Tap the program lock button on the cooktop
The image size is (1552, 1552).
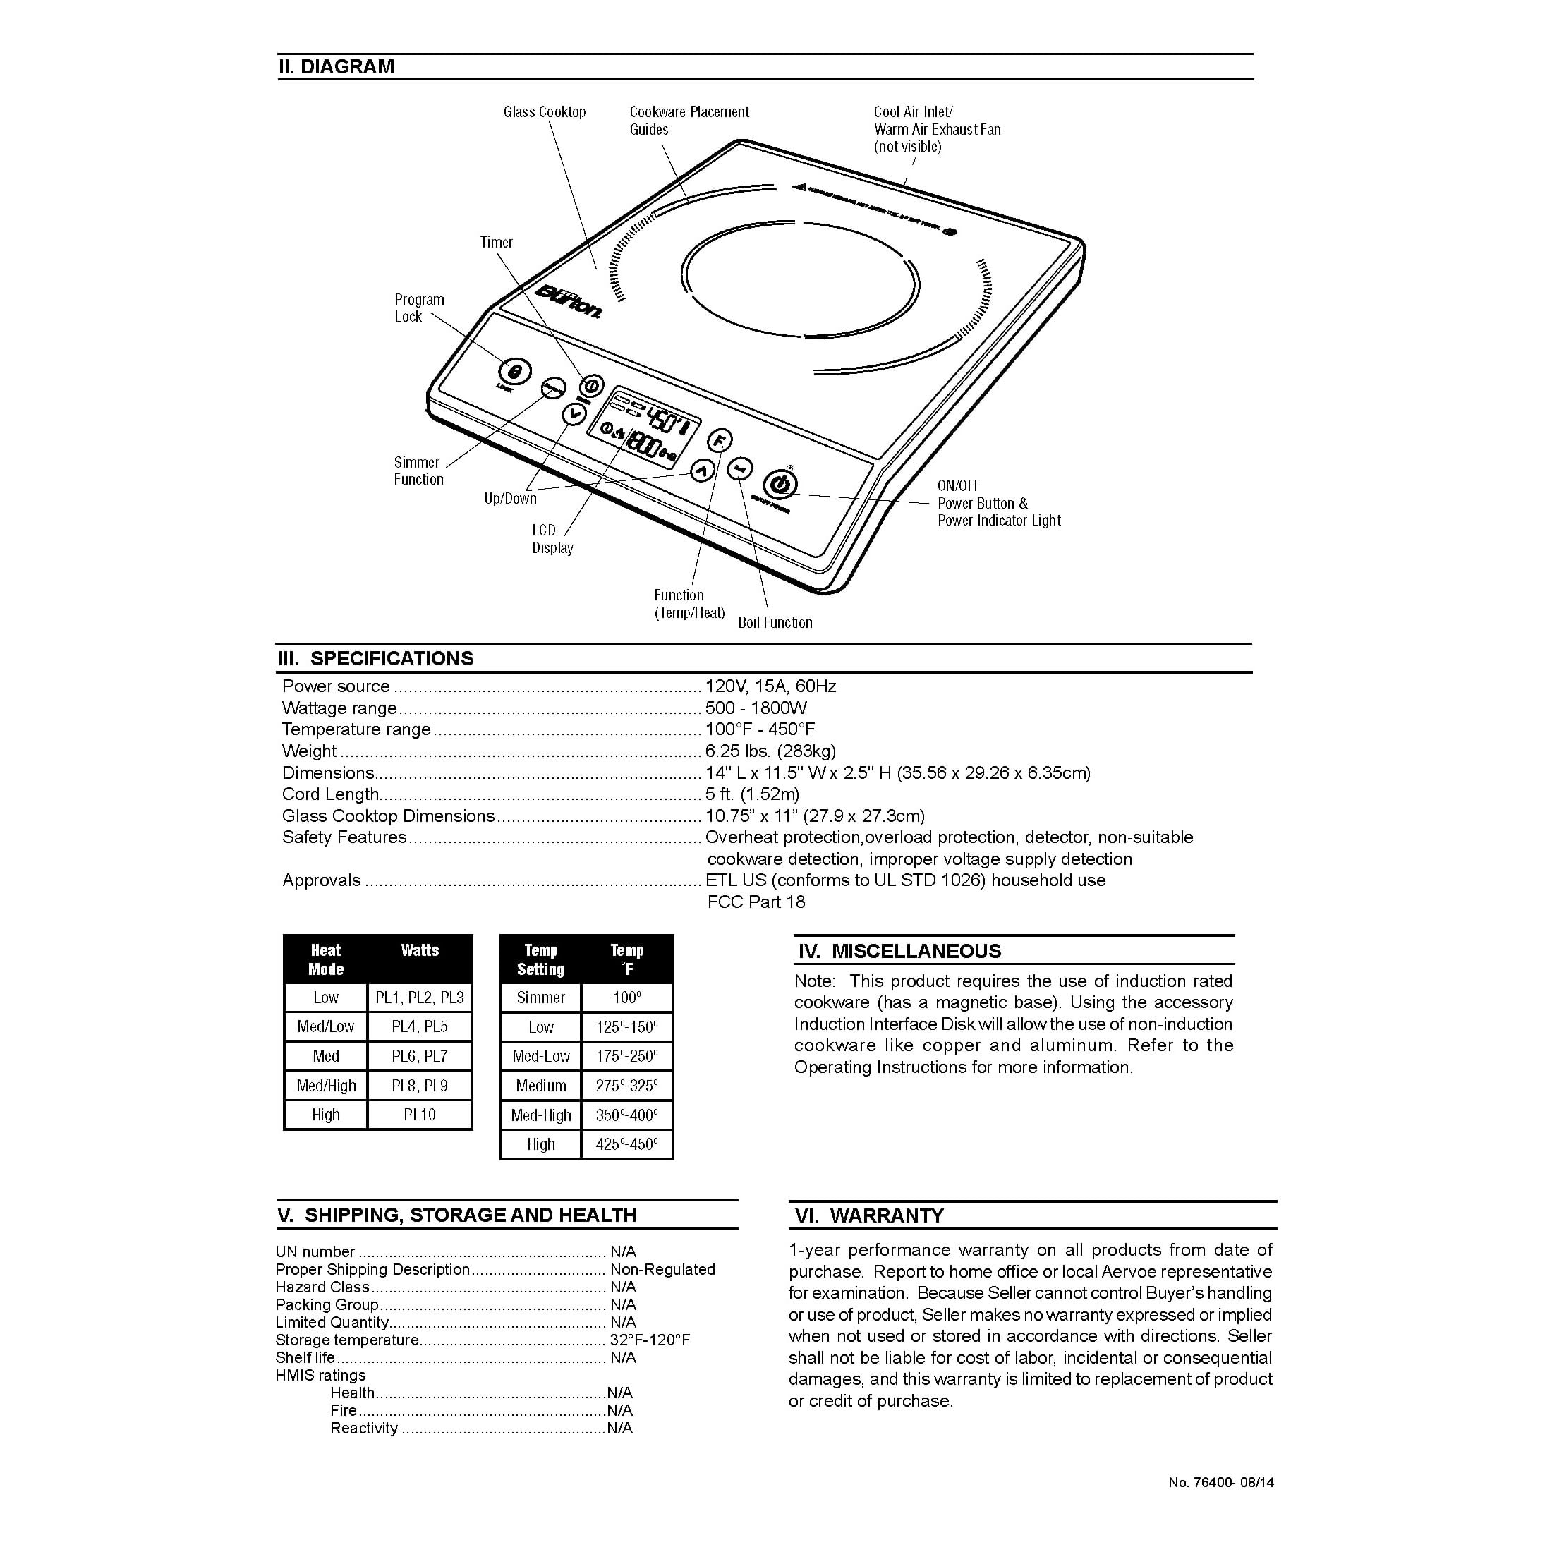point(515,371)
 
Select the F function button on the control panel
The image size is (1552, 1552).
point(720,441)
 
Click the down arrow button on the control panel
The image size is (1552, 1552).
point(574,413)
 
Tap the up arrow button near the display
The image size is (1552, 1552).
point(702,471)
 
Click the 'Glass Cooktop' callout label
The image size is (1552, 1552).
point(545,112)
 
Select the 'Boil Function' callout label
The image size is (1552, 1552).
point(775,623)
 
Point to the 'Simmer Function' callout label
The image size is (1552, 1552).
point(418,471)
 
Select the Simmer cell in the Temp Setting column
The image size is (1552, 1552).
point(540,998)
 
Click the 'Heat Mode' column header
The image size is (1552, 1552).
point(325,960)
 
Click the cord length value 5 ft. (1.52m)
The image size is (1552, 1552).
point(752,794)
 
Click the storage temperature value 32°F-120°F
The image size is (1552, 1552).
point(650,1340)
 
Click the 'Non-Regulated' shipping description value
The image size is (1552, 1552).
point(662,1269)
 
